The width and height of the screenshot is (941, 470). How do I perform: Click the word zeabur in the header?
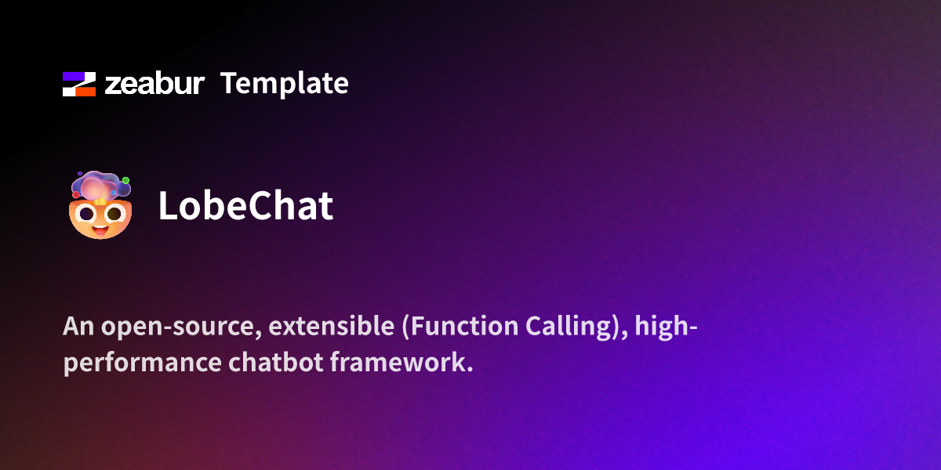coord(154,84)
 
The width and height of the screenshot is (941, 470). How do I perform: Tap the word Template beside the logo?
coord(285,83)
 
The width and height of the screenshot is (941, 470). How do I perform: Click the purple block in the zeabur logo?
coord(75,78)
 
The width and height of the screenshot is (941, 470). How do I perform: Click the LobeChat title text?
coord(245,206)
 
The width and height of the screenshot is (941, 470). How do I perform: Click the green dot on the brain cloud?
coord(125,181)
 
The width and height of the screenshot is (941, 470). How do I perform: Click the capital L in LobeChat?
coord(168,206)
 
